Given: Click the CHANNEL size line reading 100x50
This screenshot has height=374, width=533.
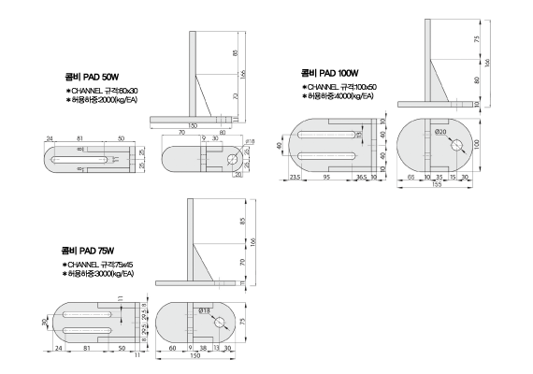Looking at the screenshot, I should (341, 86).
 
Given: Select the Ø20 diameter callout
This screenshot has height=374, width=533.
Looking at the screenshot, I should (440, 132).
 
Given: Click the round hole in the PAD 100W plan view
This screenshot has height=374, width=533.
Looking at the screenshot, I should (456, 145).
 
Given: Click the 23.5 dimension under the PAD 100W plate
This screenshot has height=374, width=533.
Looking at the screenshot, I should (295, 176).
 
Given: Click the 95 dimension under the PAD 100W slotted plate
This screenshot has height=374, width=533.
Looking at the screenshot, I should (328, 176).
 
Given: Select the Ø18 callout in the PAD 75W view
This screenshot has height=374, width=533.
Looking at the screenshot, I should (204, 309).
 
